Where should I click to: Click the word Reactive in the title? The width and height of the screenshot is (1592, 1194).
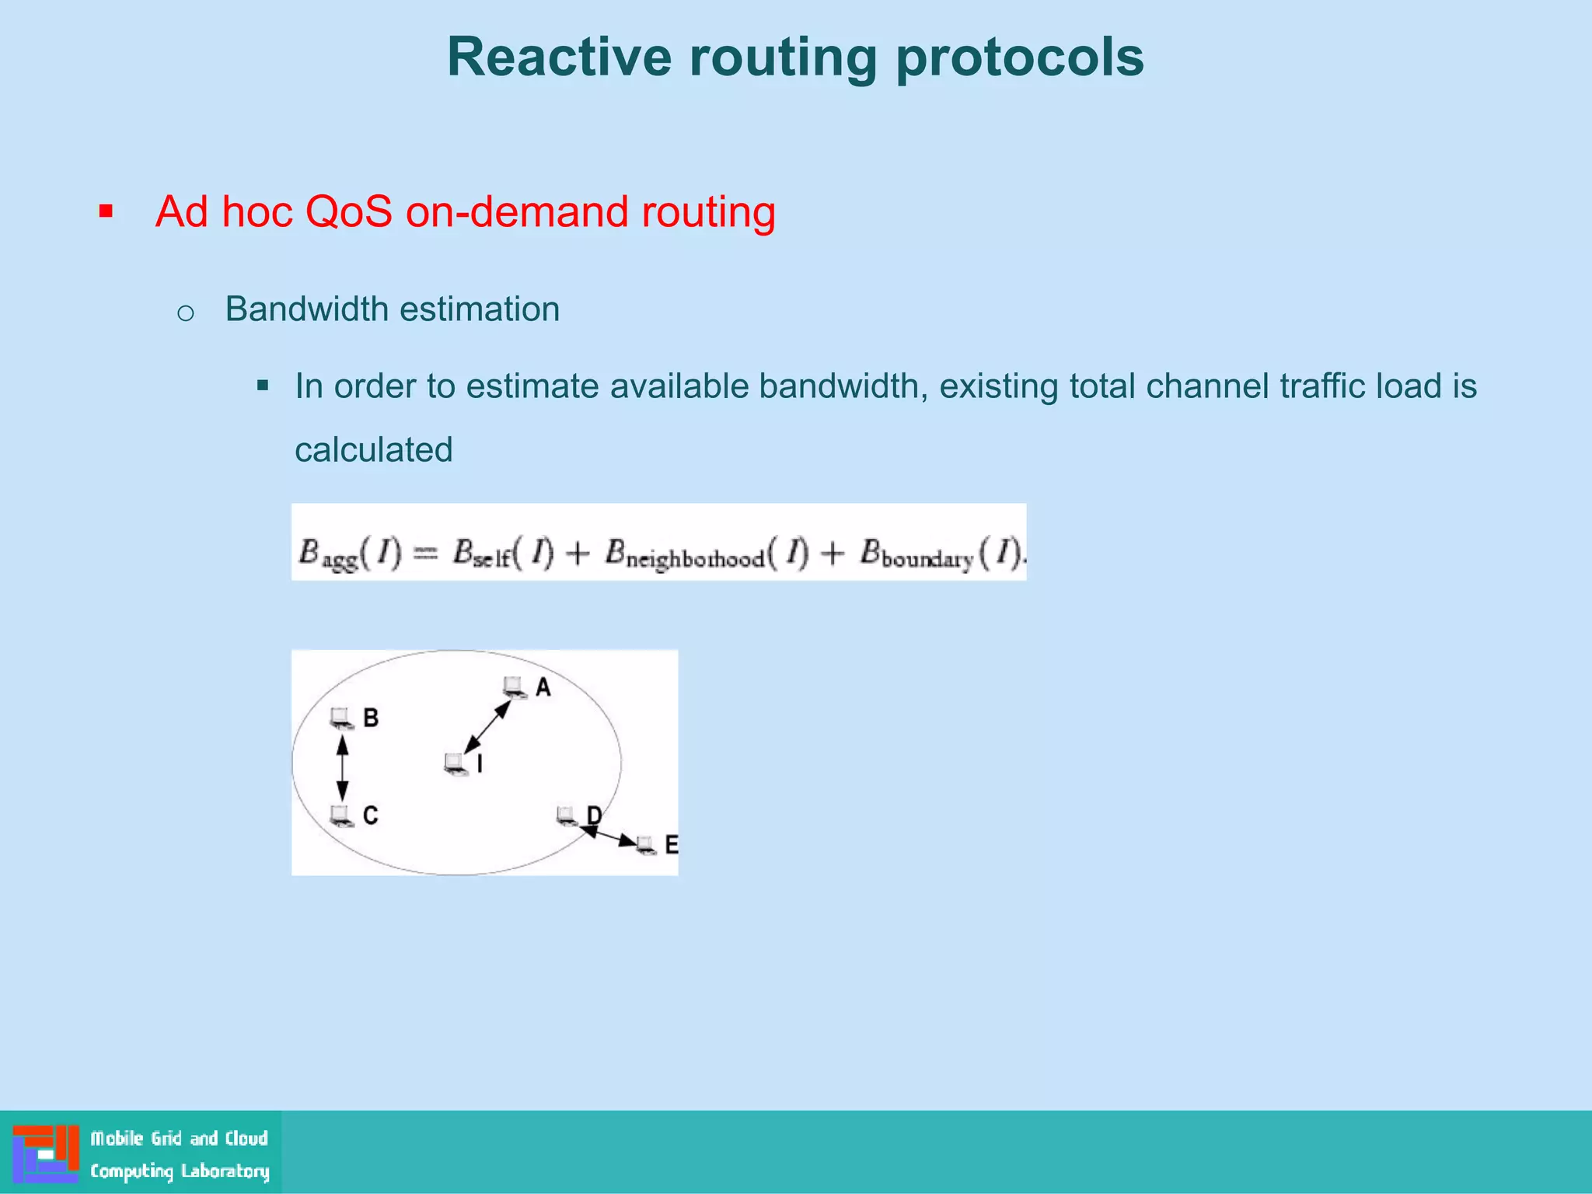[559, 58]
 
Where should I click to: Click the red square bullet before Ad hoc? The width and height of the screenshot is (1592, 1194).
[106, 211]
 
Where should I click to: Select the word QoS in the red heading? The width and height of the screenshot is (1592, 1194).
[348, 211]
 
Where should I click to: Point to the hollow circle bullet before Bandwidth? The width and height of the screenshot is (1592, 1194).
[185, 313]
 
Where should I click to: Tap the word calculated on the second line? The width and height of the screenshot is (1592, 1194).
[373, 450]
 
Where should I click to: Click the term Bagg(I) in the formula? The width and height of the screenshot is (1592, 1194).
[349, 554]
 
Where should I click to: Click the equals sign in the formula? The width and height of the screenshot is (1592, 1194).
[424, 553]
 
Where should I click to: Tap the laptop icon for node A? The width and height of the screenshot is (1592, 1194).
[514, 686]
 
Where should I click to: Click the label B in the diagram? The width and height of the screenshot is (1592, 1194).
[371, 717]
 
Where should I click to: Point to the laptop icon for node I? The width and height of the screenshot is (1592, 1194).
[456, 764]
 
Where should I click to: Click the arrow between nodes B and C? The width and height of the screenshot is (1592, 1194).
[342, 767]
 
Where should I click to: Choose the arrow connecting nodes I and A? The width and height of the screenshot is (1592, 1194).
[487, 726]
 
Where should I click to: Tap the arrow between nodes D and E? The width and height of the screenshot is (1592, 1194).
[609, 836]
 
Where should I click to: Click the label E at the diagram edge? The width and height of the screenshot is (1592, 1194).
[671, 845]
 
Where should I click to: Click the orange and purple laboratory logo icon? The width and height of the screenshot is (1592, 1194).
[45, 1153]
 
